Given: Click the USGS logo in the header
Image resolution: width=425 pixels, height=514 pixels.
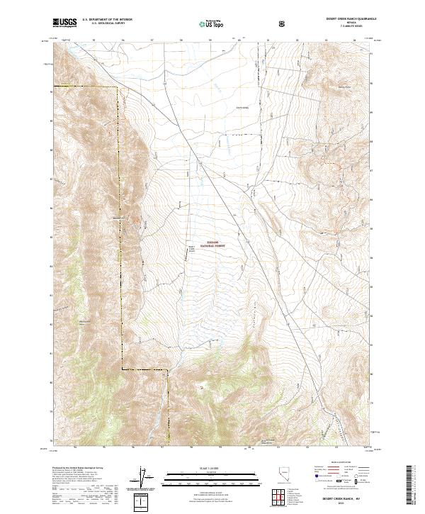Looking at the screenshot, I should click(x=64, y=23).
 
